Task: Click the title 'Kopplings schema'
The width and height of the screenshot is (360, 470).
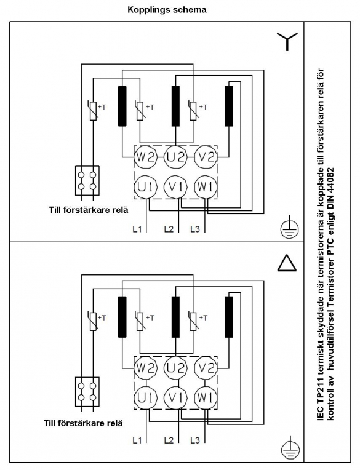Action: point(167,10)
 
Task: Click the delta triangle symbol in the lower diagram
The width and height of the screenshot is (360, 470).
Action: point(287,263)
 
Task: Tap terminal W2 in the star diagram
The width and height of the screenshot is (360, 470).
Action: point(145,157)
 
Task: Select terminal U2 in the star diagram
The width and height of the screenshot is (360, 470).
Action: point(175,157)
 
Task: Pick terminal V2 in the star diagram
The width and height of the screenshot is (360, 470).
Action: point(206,157)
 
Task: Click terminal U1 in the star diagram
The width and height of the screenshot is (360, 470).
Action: point(145,187)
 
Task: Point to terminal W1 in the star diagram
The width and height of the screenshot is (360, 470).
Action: point(206,187)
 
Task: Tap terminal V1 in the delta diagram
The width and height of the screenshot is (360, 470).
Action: point(175,398)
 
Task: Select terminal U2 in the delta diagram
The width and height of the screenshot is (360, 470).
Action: point(175,368)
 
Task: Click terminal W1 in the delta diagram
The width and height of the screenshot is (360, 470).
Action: point(206,398)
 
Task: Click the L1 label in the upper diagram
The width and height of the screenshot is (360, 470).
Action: point(137,229)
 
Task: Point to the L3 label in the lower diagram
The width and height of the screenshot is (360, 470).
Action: point(195,440)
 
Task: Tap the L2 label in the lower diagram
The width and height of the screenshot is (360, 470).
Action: point(169,440)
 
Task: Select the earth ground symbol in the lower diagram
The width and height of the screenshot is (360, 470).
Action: point(290,448)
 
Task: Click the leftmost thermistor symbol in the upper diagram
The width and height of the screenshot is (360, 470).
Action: point(93,110)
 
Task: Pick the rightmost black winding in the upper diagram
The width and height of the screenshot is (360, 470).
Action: point(229,106)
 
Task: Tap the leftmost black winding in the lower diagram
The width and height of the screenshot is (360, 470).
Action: point(122,317)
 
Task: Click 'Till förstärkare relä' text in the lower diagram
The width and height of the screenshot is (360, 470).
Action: point(83,423)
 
